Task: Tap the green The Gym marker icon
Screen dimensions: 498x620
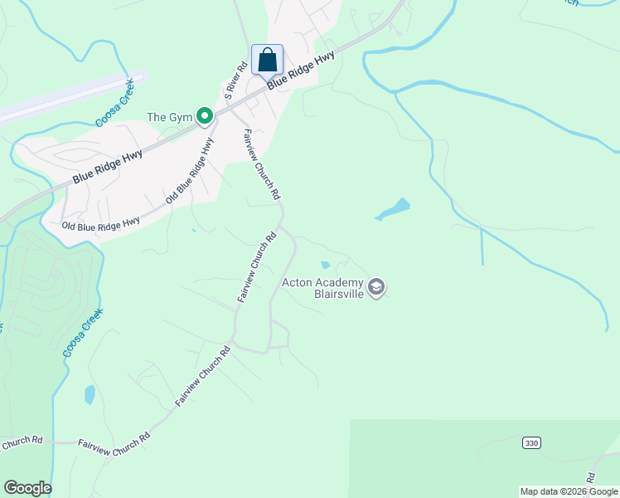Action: (x=206, y=118)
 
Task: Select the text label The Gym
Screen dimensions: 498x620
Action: (x=169, y=118)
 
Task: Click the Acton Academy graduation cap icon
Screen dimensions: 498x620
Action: (x=377, y=287)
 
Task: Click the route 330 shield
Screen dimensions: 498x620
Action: (x=531, y=443)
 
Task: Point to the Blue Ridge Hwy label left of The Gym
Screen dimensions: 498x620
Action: (x=107, y=166)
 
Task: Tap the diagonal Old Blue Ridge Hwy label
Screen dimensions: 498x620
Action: (x=190, y=171)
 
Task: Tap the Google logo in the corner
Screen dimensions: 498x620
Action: (x=27, y=488)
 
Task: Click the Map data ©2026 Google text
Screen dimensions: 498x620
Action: (x=569, y=491)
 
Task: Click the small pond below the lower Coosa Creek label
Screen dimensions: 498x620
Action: (x=90, y=394)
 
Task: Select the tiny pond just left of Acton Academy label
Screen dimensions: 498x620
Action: (x=325, y=266)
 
